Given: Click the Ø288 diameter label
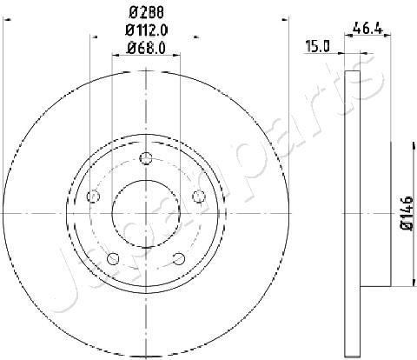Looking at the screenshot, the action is (146, 12).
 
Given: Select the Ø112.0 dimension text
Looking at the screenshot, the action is (147, 30).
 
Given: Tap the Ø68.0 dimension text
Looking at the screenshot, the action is (146, 48).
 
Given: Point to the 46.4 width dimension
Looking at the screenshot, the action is (367, 29).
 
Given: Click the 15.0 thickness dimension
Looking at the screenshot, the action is (318, 46).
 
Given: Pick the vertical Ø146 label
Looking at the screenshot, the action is (407, 213).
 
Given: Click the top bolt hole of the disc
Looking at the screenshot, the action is (146, 158).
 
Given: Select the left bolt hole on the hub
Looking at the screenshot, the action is (93, 197).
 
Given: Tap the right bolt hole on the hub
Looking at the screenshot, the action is (199, 197).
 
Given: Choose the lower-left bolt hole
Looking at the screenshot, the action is (113, 258).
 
